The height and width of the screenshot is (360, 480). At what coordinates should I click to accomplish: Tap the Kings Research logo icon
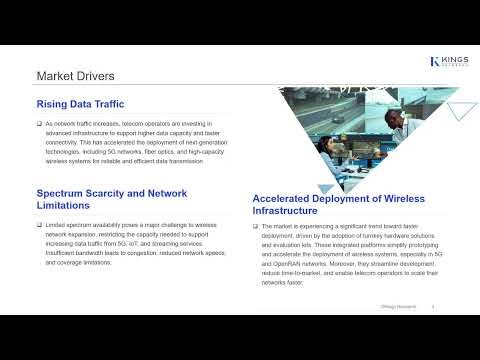tap(434, 61)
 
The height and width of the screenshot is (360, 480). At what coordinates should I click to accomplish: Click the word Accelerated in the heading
tap(286, 198)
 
